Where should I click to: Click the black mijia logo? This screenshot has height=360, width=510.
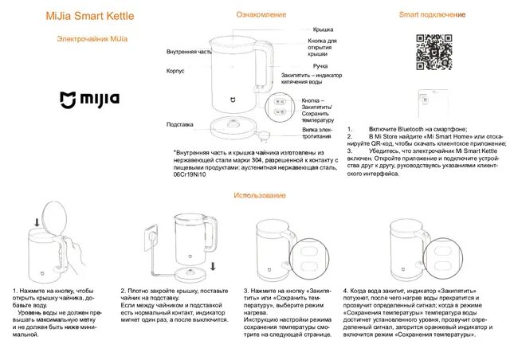[x=91, y=100]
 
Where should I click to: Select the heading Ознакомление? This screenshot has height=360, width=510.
[x=260, y=16]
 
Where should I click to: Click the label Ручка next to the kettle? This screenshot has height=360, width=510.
[x=320, y=66]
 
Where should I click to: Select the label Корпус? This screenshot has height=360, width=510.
[x=175, y=70]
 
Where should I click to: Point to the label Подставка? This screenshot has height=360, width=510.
[x=179, y=124]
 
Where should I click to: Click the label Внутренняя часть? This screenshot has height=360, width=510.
[x=189, y=51]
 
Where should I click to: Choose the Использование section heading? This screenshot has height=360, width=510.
[x=260, y=195]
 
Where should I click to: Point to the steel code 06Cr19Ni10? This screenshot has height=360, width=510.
[x=190, y=175]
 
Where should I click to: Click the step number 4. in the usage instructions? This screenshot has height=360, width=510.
[x=345, y=292]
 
